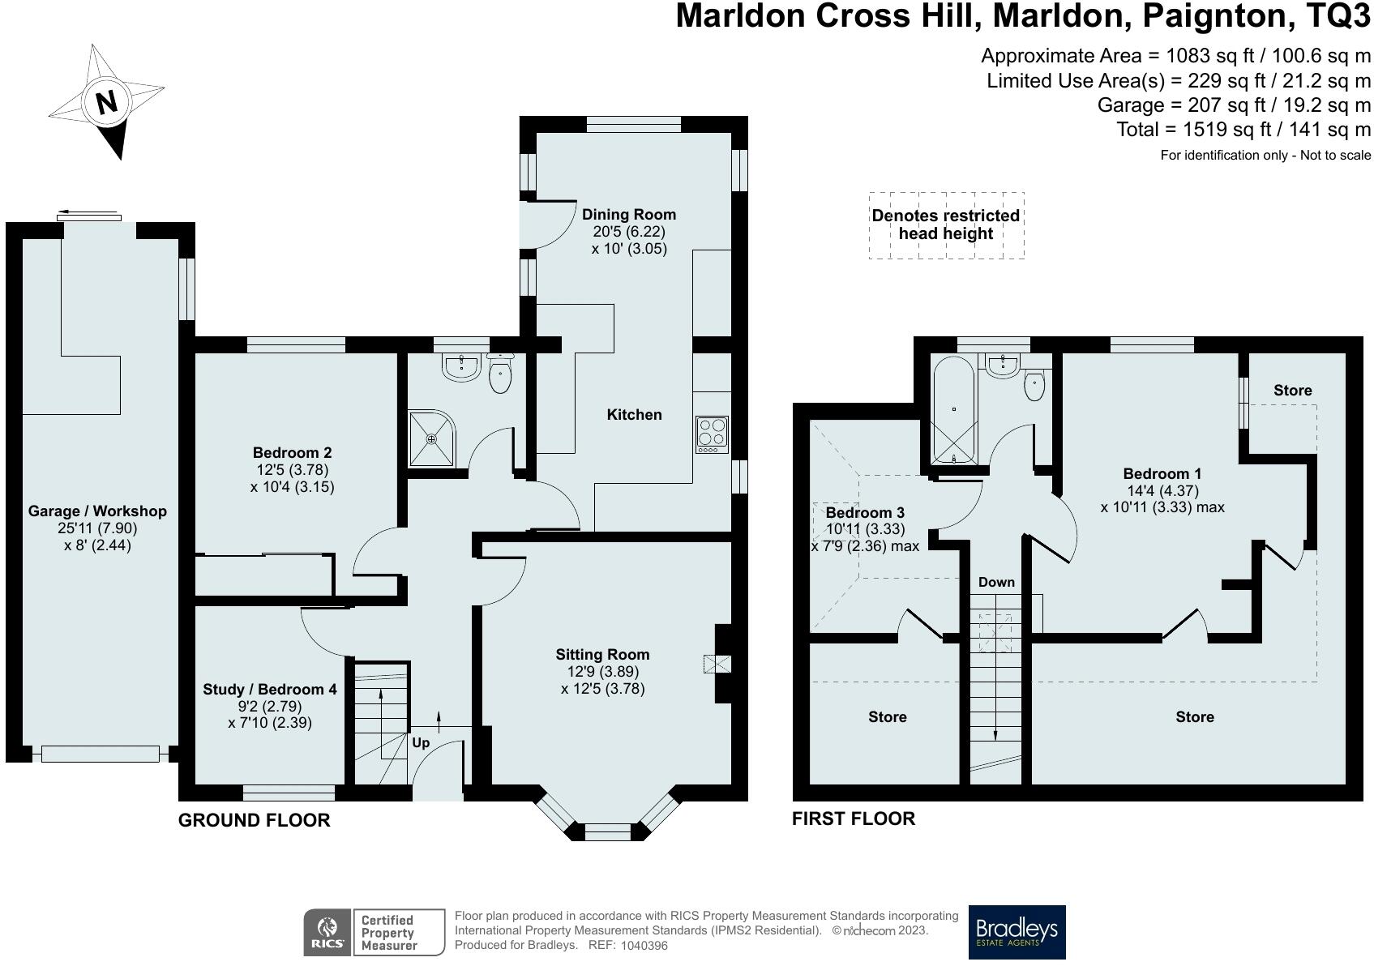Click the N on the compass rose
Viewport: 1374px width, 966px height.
107,101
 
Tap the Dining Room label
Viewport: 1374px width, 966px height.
629,215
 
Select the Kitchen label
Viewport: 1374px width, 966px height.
634,415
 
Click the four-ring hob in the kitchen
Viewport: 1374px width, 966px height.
713,434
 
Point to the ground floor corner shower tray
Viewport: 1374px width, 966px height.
432,439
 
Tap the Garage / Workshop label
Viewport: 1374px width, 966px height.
97,511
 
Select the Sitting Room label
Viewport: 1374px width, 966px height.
602,655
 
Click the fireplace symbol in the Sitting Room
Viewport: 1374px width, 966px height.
717,665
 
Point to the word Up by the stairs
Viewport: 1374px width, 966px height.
421,743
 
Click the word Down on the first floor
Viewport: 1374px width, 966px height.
996,582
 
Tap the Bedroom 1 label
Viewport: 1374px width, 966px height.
1162,473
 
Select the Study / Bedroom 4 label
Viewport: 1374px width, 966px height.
270,690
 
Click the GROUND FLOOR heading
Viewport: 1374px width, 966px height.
254,820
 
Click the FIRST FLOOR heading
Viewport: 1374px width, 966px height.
854,819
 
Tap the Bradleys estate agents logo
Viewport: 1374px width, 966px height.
1017,932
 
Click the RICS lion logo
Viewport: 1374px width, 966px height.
327,932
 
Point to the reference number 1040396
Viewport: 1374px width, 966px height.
644,945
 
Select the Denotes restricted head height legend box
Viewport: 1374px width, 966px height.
947,225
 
